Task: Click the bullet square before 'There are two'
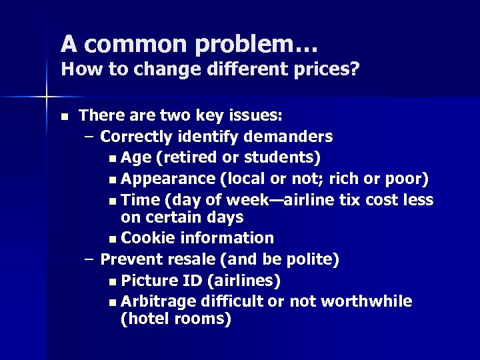point(64,116)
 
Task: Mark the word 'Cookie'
point(146,238)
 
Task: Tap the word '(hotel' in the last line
point(144,319)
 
